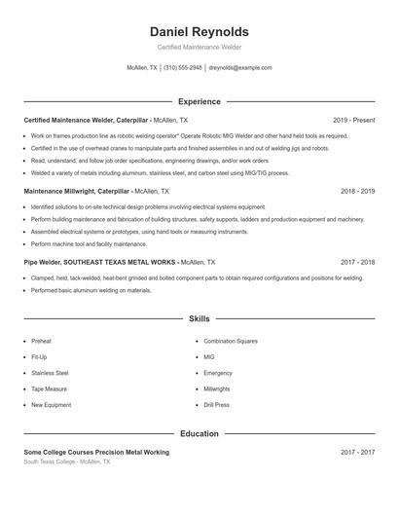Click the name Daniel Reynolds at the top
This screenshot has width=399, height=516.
tap(199, 31)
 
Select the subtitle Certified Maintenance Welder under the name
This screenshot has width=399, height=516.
tap(199, 47)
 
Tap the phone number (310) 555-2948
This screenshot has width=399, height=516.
tap(183, 68)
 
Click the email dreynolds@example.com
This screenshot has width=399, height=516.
tap(240, 68)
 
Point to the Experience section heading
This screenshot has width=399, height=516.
tap(199, 101)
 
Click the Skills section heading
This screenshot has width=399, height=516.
tap(199, 318)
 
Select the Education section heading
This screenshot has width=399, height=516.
tap(199, 433)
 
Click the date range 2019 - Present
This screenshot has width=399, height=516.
tap(353, 120)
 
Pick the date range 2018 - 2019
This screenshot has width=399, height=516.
tap(358, 191)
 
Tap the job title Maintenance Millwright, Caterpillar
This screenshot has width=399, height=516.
tap(77, 191)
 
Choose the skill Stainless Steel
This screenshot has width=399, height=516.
tap(50, 373)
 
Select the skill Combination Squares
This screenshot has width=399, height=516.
tap(231, 342)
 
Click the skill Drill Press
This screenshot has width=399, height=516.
tap(216, 405)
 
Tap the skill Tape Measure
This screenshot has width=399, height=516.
tap(49, 388)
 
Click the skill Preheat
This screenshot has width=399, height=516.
tap(41, 342)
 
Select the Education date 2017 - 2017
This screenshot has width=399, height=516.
tap(358, 452)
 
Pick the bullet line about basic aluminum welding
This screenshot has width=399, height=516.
tap(91, 290)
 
